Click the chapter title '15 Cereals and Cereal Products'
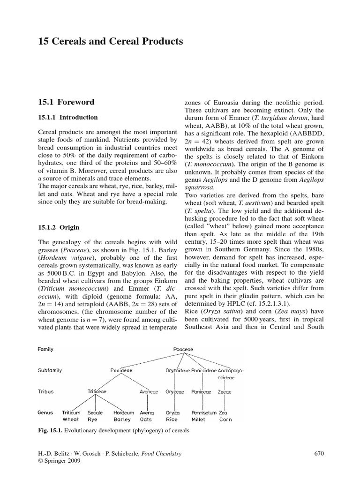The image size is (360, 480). coord(110,42)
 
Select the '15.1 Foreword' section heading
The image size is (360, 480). coord(66,102)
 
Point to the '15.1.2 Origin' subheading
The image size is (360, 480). coord(59,227)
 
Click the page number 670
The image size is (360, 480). coord(318,453)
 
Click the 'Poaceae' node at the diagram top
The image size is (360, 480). coord(183,349)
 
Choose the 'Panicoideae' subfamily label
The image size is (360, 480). coord(203,370)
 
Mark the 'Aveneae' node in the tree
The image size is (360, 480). coord(149,391)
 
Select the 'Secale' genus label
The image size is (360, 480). coord(95,412)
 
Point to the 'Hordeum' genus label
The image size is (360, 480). coord(124,412)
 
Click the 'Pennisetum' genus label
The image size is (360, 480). coord(204,412)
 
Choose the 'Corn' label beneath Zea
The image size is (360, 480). coord(225,420)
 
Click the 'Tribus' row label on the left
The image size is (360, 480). coord(45,391)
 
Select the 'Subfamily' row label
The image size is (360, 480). coord(49,370)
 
